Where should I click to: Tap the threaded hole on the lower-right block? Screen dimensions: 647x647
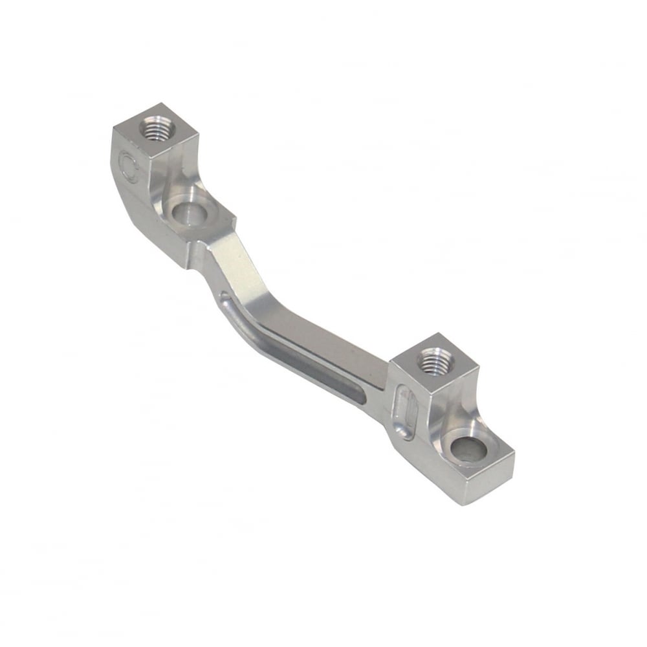[429, 362]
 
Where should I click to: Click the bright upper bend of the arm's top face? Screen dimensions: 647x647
[236, 259]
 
